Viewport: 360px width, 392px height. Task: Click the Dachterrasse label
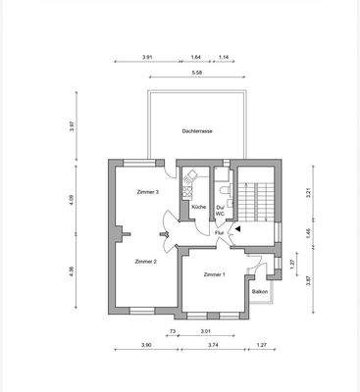[x=197, y=130]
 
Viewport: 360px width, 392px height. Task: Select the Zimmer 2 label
[x=146, y=262]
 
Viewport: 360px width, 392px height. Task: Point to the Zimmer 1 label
[x=214, y=274]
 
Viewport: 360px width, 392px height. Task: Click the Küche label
[x=198, y=208]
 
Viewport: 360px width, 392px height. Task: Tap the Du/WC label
[x=222, y=210]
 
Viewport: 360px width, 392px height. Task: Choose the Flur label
[x=219, y=233]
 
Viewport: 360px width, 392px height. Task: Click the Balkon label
[x=260, y=291]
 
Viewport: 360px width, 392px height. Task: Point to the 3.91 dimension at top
[x=147, y=58]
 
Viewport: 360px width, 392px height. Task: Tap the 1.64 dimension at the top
[x=195, y=58]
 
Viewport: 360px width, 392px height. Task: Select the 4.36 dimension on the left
[x=73, y=271]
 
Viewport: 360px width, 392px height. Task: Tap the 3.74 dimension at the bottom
[x=216, y=346]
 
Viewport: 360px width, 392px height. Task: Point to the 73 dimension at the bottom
[x=173, y=332]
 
